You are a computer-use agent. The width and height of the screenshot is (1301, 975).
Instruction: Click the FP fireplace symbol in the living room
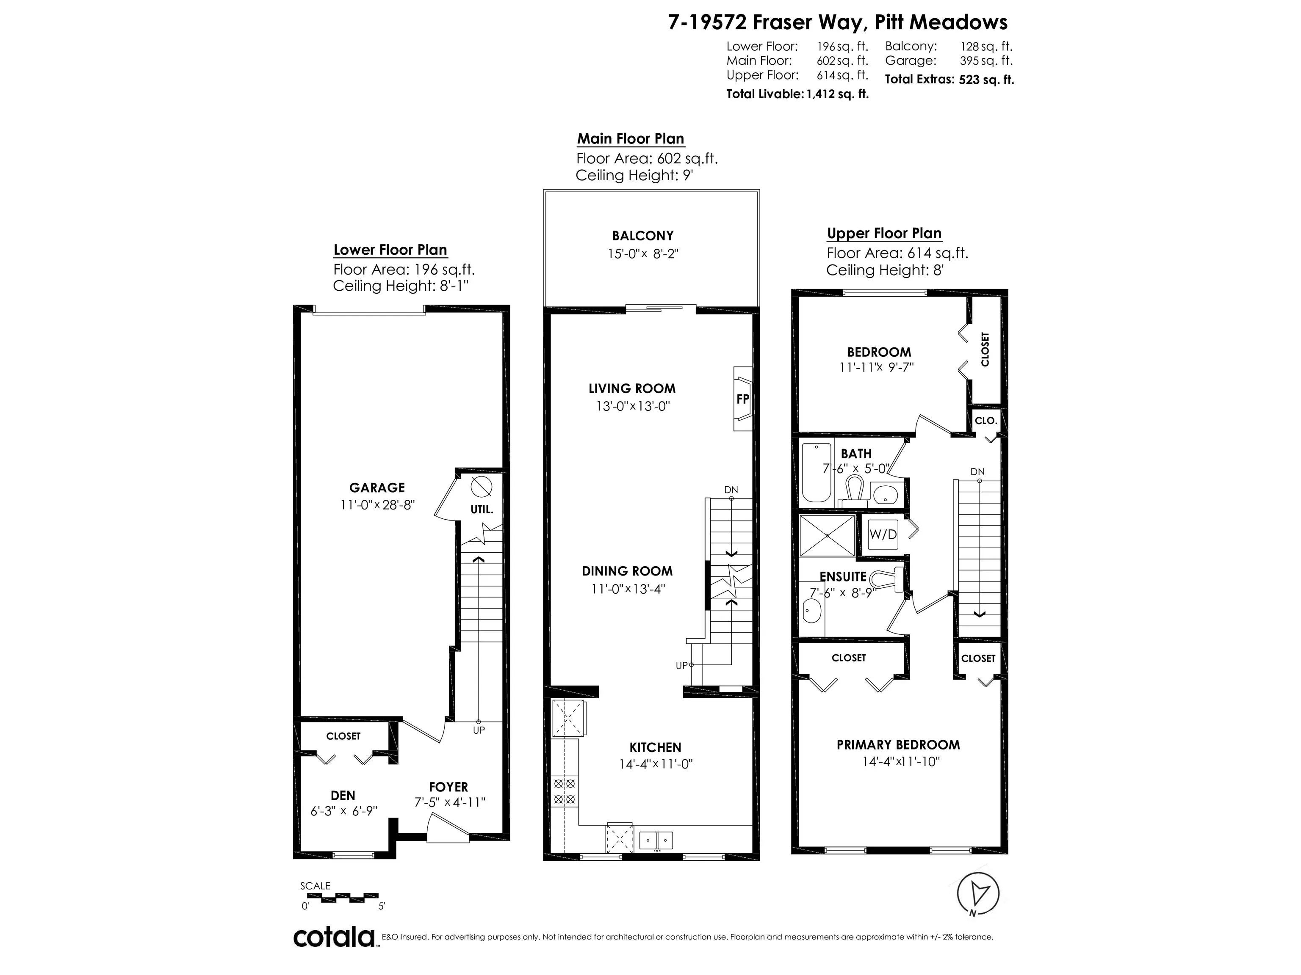coord(743,399)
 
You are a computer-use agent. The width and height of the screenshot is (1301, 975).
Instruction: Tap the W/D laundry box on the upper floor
coord(883,534)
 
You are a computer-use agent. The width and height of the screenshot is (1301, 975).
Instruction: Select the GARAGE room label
coord(377,488)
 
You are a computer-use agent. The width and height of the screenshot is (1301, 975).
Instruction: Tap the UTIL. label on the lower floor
coord(482,510)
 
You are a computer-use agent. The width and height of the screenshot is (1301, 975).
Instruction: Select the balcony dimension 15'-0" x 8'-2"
coord(643,254)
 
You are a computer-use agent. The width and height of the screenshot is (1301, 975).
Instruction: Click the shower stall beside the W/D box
coord(828,535)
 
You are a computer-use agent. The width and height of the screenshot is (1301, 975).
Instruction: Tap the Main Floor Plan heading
coord(631,139)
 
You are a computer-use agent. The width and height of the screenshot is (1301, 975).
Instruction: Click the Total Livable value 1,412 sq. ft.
coord(837,94)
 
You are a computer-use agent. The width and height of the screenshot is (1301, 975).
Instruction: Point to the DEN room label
coord(343,796)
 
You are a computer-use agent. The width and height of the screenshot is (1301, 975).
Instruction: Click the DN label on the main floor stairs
coord(731,490)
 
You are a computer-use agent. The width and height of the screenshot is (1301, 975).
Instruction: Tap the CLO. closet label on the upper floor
coord(986,420)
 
